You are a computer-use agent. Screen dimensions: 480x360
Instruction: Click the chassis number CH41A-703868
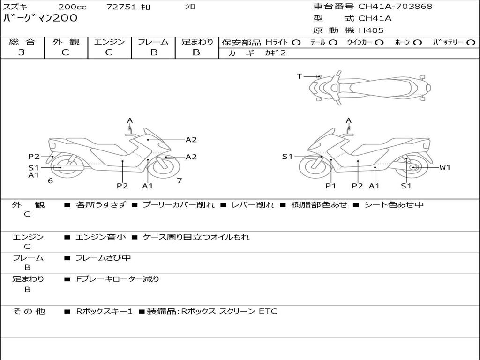[395, 7]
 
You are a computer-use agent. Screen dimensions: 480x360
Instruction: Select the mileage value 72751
[121, 7]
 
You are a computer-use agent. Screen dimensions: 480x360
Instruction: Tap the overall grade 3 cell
[22, 52]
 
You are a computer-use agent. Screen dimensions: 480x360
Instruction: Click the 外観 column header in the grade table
[66, 42]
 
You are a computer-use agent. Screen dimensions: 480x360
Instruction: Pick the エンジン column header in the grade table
[109, 42]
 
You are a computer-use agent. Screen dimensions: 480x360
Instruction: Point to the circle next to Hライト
[296, 42]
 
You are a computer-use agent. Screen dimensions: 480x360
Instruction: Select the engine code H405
[371, 30]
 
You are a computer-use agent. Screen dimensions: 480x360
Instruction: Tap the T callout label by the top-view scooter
[299, 76]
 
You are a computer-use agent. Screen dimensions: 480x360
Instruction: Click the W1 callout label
[444, 167]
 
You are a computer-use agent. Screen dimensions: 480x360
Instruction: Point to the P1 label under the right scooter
[331, 186]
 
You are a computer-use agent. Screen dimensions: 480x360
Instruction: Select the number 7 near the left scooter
[179, 181]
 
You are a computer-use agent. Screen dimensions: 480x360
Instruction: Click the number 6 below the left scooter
[50, 181]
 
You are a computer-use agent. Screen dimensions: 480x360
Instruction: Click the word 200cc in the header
[72, 7]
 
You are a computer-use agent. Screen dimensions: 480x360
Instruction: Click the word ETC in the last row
[268, 311]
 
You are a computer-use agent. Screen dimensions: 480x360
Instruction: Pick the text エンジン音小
[100, 237]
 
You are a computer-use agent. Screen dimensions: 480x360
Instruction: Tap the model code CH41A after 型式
[375, 19]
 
